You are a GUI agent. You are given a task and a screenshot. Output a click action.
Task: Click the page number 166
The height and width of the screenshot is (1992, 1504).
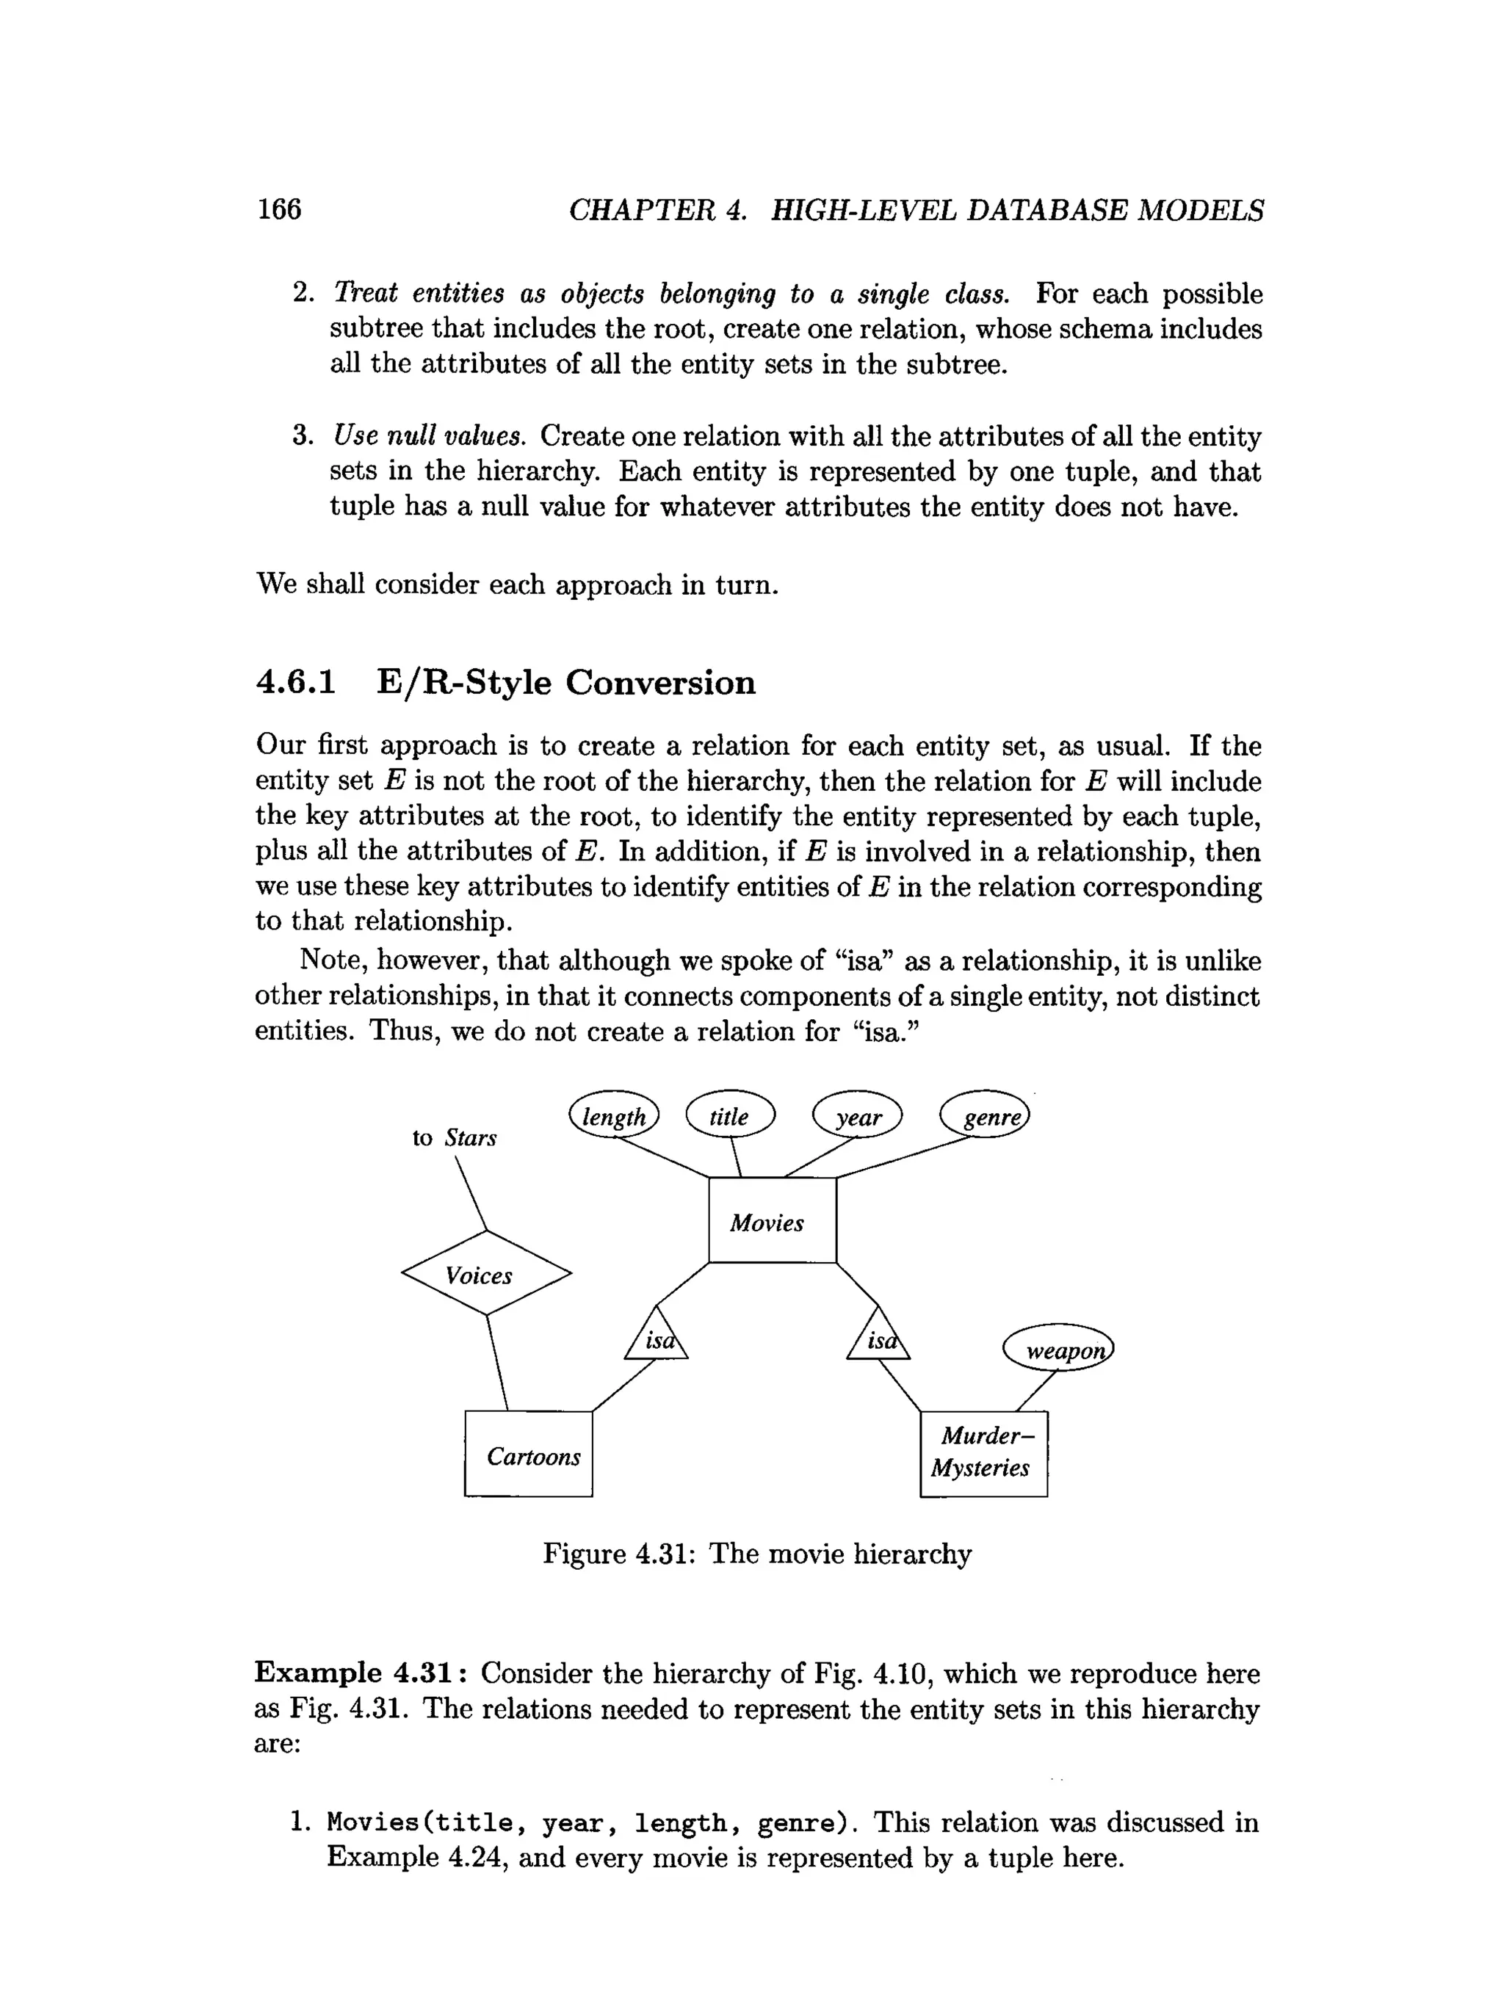(x=279, y=210)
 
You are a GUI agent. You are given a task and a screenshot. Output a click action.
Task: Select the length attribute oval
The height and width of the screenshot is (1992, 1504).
(x=614, y=1117)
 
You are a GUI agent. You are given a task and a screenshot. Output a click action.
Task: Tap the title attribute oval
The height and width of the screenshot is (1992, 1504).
(x=729, y=1117)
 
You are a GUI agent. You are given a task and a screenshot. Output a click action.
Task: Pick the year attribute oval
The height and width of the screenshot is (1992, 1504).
(x=857, y=1118)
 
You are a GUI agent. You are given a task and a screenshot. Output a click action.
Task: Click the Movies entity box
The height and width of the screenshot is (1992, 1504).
(x=772, y=1220)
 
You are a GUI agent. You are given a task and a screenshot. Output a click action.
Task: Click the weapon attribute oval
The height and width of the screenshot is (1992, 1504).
(x=1059, y=1349)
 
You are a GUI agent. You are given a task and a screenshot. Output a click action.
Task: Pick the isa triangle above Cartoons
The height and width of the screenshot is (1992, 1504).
(x=657, y=1336)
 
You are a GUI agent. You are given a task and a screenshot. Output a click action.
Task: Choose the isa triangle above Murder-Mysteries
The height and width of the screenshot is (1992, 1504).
(x=878, y=1336)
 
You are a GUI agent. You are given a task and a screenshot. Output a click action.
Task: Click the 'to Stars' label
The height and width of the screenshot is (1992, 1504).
(x=454, y=1137)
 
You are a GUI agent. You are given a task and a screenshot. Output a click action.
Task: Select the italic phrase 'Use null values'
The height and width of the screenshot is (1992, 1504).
(x=429, y=437)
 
